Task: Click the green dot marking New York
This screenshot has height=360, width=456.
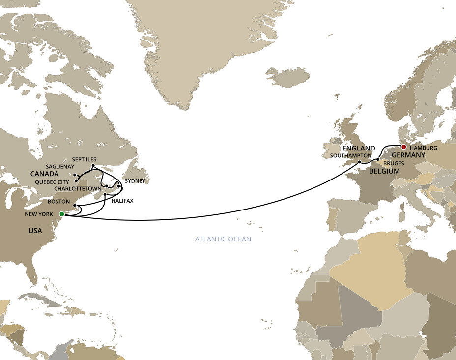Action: coord(61,214)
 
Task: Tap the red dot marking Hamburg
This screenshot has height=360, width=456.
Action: coord(403,146)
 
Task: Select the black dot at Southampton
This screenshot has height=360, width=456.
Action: coord(360,162)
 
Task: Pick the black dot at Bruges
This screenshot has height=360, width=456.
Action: coord(377,160)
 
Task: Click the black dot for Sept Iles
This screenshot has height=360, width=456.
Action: coord(93,166)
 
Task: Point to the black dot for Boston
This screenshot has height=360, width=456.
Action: coord(74,205)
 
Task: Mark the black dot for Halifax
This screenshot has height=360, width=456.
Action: coord(105,195)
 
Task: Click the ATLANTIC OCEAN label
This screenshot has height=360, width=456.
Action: coord(223,240)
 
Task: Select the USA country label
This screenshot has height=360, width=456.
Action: coord(34,230)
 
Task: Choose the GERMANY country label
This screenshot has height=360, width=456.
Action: coord(408,155)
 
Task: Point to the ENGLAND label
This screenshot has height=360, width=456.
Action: coord(359,148)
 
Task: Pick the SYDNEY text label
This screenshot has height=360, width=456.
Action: coord(135,181)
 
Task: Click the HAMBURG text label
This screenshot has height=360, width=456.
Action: coord(423,147)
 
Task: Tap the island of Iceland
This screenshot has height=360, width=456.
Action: coord(287,77)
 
